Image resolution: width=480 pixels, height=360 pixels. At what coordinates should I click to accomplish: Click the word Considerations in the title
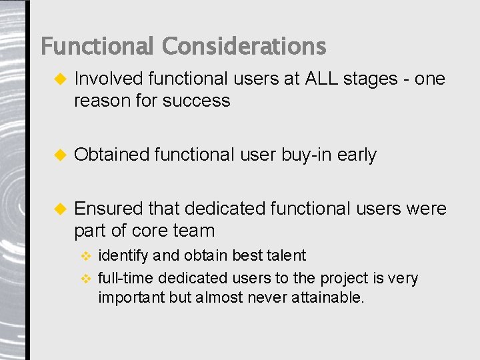point(243,47)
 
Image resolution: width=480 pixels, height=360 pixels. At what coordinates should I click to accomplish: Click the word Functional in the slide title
point(97,47)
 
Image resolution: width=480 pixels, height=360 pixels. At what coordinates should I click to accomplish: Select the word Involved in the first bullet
point(109,79)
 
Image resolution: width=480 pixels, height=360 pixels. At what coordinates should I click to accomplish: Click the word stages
point(370,79)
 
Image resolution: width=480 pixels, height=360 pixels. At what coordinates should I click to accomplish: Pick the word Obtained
point(111,155)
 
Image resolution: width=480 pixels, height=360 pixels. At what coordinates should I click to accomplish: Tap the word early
point(357,155)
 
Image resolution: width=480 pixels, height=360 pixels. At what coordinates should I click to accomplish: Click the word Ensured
point(109,209)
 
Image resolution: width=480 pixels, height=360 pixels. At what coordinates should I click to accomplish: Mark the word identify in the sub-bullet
point(123,256)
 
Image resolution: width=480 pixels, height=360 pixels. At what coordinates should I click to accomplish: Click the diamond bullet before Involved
point(59,79)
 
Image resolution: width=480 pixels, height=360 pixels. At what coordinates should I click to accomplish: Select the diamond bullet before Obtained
point(59,155)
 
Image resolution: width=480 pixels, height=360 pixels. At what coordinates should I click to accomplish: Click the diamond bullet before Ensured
point(59,209)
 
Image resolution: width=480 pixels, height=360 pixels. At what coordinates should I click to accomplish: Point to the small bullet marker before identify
point(85,256)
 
